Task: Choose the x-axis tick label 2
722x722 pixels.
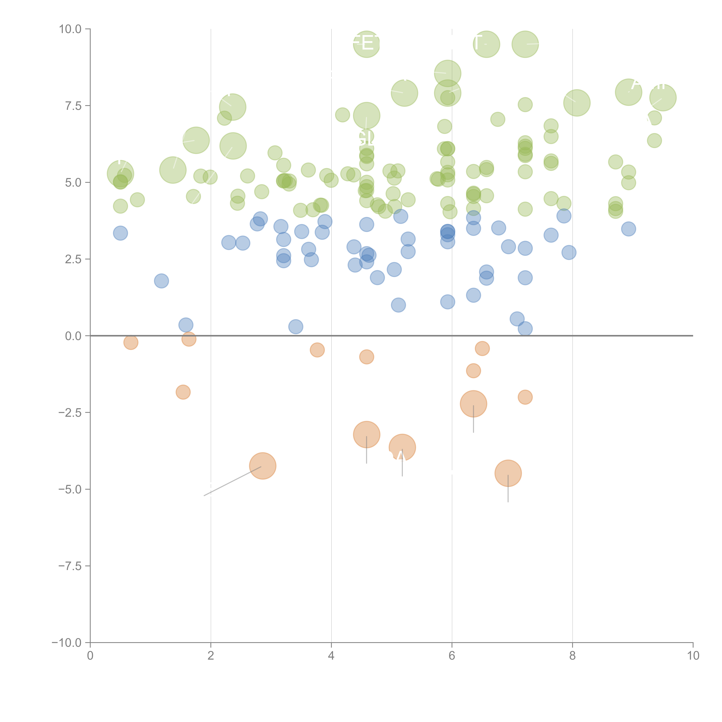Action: (x=211, y=656)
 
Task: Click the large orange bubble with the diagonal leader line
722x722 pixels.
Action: (x=263, y=466)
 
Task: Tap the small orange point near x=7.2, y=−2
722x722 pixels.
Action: (x=525, y=397)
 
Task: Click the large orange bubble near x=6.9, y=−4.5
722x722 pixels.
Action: (x=508, y=473)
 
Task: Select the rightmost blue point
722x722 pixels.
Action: (x=629, y=229)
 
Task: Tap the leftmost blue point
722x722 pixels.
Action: (x=120, y=233)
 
